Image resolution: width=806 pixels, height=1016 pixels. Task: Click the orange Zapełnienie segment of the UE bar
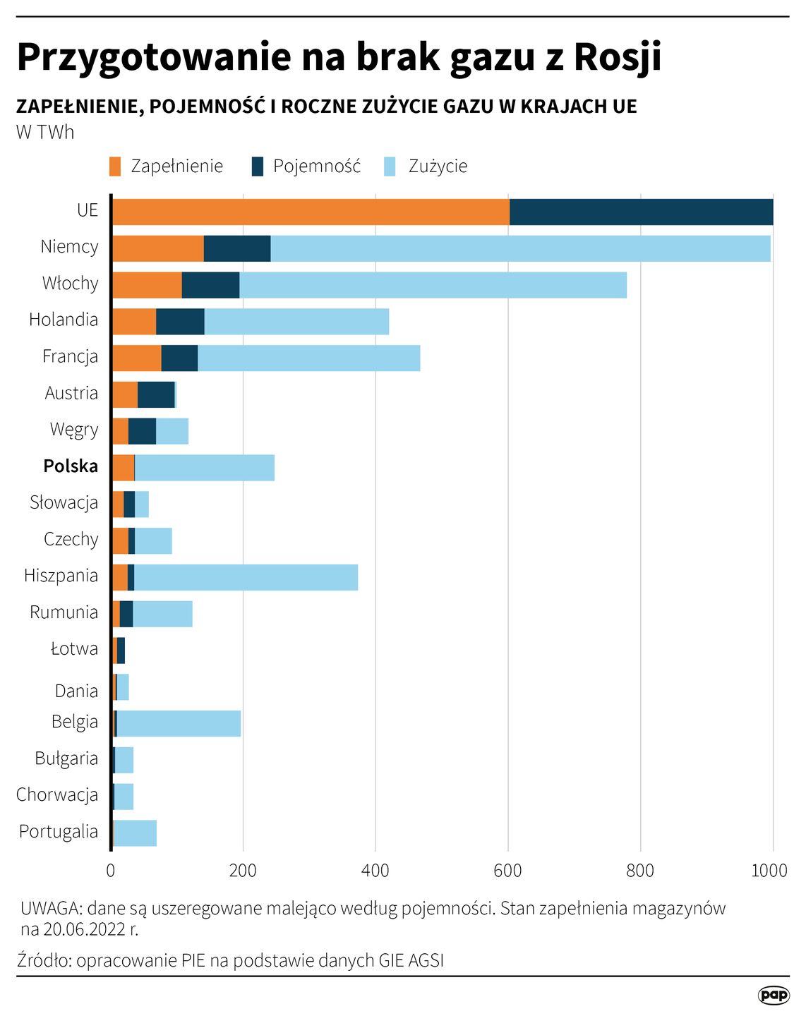pos(311,212)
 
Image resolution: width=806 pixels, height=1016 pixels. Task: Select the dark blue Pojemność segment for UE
pos(641,212)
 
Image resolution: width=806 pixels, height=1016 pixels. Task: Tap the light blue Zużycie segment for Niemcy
pos(520,248)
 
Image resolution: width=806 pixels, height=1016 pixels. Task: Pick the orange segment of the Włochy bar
pos(147,285)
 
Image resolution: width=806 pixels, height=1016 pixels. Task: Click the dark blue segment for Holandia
pos(180,322)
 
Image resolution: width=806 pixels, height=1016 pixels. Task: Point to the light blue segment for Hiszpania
pos(246,577)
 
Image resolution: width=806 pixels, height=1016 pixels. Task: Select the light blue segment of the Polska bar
pos(204,468)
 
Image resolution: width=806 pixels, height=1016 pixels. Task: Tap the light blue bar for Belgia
pos(179,724)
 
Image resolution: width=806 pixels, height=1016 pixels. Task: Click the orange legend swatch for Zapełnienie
pos(116,167)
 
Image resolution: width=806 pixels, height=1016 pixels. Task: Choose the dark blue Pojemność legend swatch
pos(258,167)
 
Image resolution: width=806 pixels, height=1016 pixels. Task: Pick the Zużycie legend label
pos(438,167)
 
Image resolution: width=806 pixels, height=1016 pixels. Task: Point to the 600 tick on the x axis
pos(507,870)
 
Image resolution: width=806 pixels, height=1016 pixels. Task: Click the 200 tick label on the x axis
pos(243,870)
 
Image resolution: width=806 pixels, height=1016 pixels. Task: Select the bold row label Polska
pos(71,466)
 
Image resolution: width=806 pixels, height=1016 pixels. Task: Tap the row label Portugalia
pos(59,831)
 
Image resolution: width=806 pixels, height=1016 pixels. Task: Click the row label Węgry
pos(74,430)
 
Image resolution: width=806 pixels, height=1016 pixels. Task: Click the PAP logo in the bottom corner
pos(774,995)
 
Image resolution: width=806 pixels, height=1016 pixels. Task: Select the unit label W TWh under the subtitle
pos(45,132)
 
